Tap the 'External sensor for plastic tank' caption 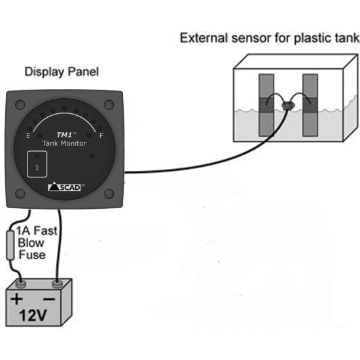coord(270,39)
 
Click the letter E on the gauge coord(27,136)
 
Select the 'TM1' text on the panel coord(64,133)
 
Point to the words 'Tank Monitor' coord(64,143)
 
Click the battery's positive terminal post coord(20,283)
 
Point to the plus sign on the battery coord(16,300)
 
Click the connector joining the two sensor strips coord(288,105)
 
